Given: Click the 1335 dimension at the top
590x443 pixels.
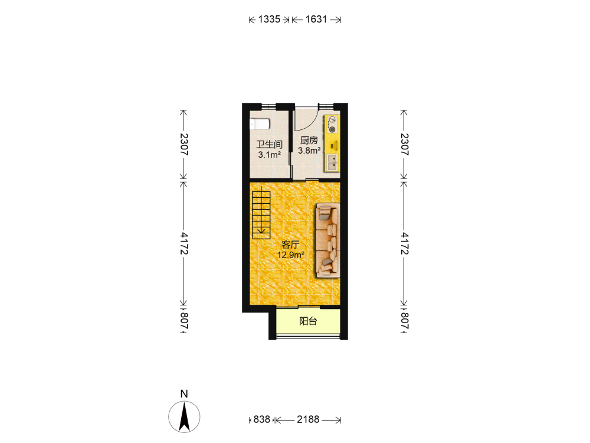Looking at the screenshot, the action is coord(269,19).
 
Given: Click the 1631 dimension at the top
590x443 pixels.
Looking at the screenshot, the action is coord(316,19).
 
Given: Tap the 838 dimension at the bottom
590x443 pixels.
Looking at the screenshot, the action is coord(261,419).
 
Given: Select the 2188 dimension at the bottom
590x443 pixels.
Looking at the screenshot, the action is coord(308,419).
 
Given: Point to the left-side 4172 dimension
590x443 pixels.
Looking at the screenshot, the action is coord(183,243).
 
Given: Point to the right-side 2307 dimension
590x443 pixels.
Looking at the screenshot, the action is coord(404,144).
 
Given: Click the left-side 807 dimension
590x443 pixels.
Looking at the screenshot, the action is coord(183,321).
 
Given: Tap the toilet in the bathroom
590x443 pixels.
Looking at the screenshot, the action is coord(260,123).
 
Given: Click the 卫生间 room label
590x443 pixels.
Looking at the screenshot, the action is coord(270,144).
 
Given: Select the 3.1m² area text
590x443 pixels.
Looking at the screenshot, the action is coord(270,154).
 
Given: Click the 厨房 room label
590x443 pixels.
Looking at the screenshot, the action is coord(309,141).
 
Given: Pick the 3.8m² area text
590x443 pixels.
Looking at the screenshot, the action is coord(309,150).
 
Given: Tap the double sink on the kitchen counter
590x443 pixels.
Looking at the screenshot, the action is coord(332,163).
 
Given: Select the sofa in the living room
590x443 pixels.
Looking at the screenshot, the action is coord(327,240).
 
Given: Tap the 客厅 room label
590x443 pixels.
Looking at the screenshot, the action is coord(290,245).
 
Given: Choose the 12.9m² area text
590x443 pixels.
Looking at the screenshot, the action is coord(290,255).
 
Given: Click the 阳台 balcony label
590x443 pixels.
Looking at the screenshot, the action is coord(308,321).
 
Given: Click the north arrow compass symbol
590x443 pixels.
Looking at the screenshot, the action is coord(184,416).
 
